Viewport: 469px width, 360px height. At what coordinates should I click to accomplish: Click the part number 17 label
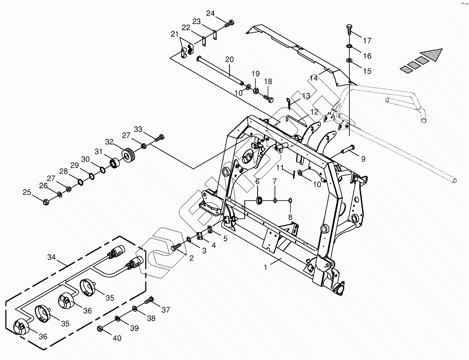pos(367,41)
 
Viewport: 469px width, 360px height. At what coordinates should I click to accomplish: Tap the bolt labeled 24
pos(229,23)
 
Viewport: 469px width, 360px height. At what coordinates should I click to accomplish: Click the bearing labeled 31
pos(116,164)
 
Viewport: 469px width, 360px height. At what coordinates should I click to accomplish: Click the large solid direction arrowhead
pos(431,55)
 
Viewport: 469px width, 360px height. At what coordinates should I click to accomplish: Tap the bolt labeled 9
pos(347,150)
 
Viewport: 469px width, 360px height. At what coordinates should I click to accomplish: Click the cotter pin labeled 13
pos(290,103)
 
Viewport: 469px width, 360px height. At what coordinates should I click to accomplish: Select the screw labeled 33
pos(159,138)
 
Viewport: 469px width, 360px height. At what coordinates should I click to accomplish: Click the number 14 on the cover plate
pos(314,78)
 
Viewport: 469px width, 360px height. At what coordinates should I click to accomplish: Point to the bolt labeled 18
pos(269,97)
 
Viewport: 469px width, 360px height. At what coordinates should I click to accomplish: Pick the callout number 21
pos(174,34)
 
